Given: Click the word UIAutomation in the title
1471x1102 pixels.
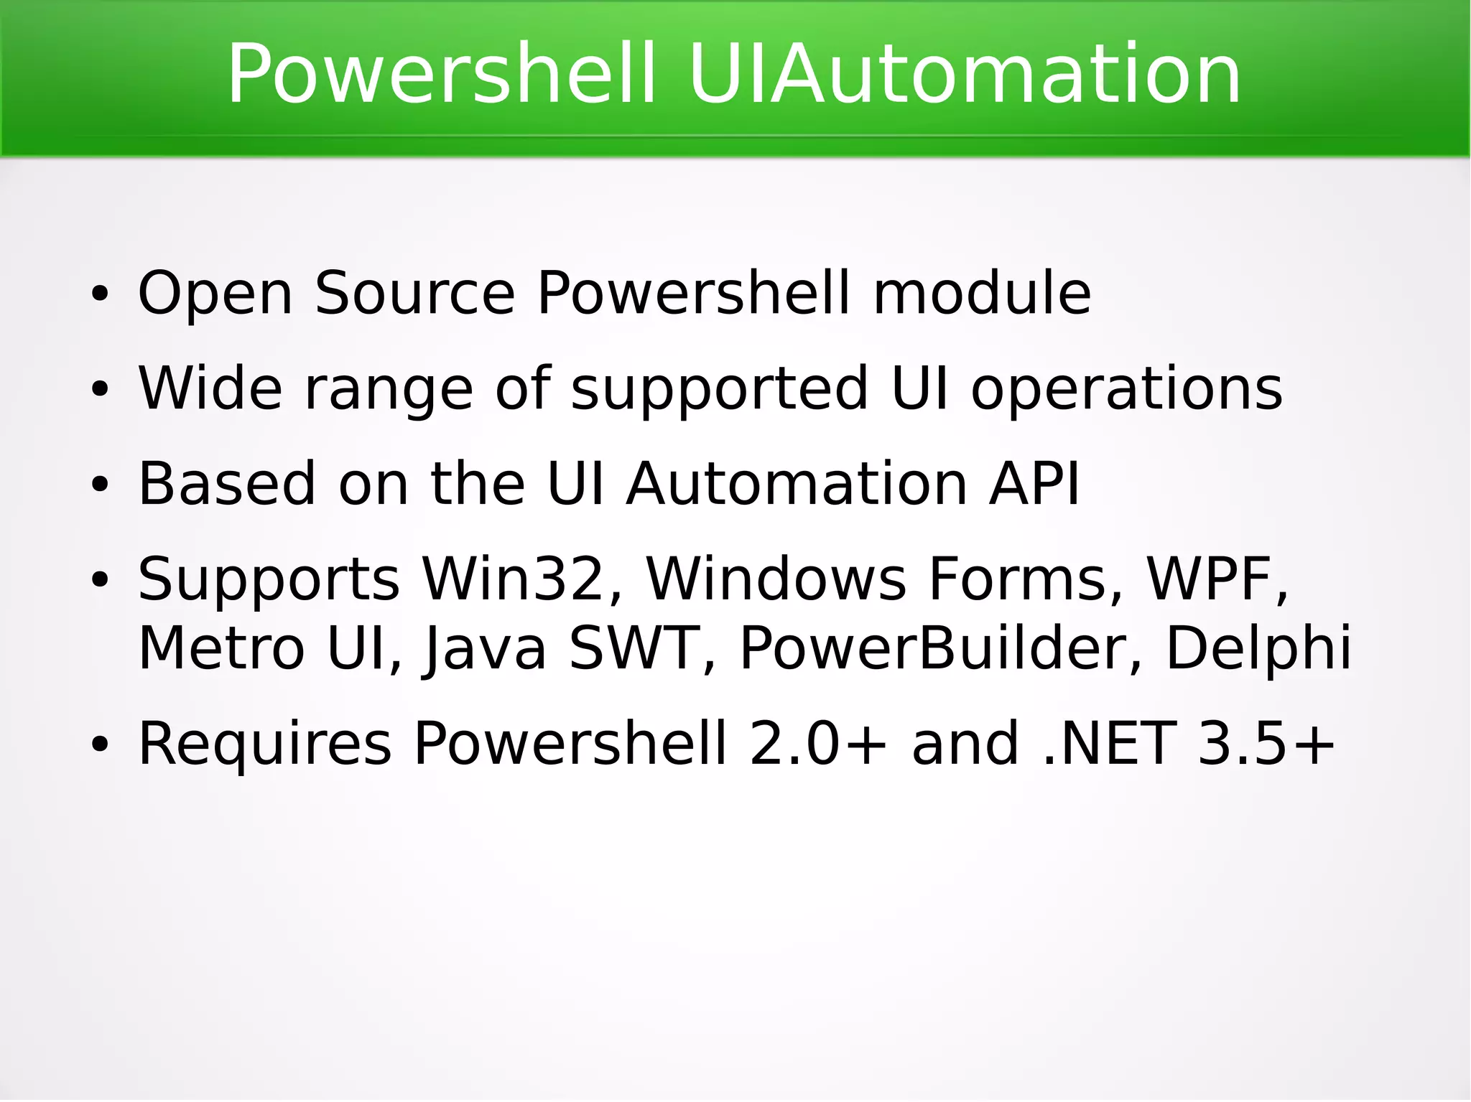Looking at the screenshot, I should (x=964, y=74).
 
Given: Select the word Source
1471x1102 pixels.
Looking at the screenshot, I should (x=415, y=293).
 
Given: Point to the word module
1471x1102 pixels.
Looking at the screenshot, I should (x=981, y=293).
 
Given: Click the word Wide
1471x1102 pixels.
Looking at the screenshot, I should (x=210, y=388).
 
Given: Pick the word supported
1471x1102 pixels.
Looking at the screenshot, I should (x=719, y=389).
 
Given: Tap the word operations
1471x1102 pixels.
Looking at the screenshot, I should (x=1126, y=389).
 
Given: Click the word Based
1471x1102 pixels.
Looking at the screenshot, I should (x=227, y=483).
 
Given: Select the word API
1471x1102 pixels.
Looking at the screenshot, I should (x=1034, y=483).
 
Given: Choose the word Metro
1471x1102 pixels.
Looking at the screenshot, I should (x=221, y=648).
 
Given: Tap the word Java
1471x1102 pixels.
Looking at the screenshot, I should (x=486, y=649).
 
